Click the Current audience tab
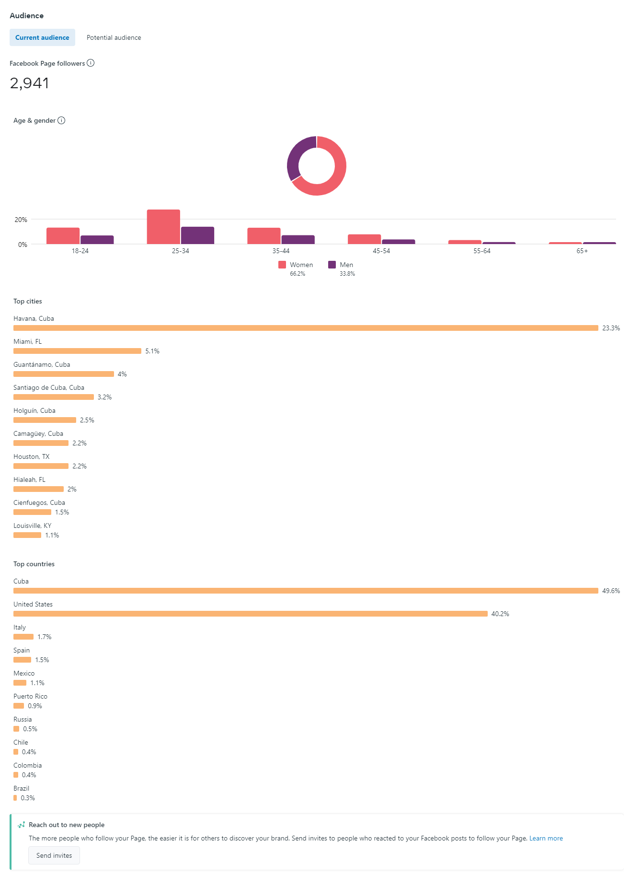(42, 37)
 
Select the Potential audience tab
(114, 37)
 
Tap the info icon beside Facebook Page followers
(91, 63)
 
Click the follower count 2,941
(30, 83)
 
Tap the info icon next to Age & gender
(61, 120)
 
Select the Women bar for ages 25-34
(163, 227)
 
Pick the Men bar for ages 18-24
(97, 240)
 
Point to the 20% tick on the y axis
(21, 220)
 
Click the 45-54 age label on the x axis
(381, 251)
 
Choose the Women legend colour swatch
(282, 265)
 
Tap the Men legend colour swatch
(332, 265)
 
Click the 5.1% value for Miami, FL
(152, 351)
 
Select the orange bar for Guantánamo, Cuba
(64, 374)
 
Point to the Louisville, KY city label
(32, 525)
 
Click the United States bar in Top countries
(250, 614)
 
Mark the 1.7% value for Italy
(45, 637)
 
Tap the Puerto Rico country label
(30, 696)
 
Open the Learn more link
(546, 838)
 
